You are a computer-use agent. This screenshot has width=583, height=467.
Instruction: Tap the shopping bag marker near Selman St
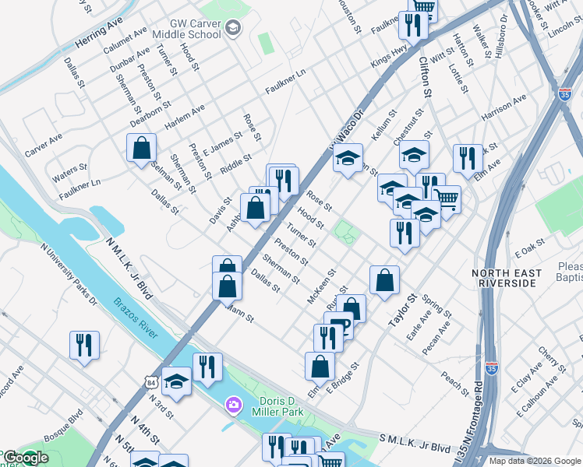[x=141, y=148]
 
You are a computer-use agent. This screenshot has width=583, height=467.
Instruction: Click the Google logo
[x=25, y=458]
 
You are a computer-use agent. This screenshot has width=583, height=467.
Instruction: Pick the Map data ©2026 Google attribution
[x=534, y=461]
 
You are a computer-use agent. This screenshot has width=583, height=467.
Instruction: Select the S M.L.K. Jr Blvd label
[x=414, y=445]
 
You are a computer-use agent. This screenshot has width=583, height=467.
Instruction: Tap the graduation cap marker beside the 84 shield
[x=177, y=381]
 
